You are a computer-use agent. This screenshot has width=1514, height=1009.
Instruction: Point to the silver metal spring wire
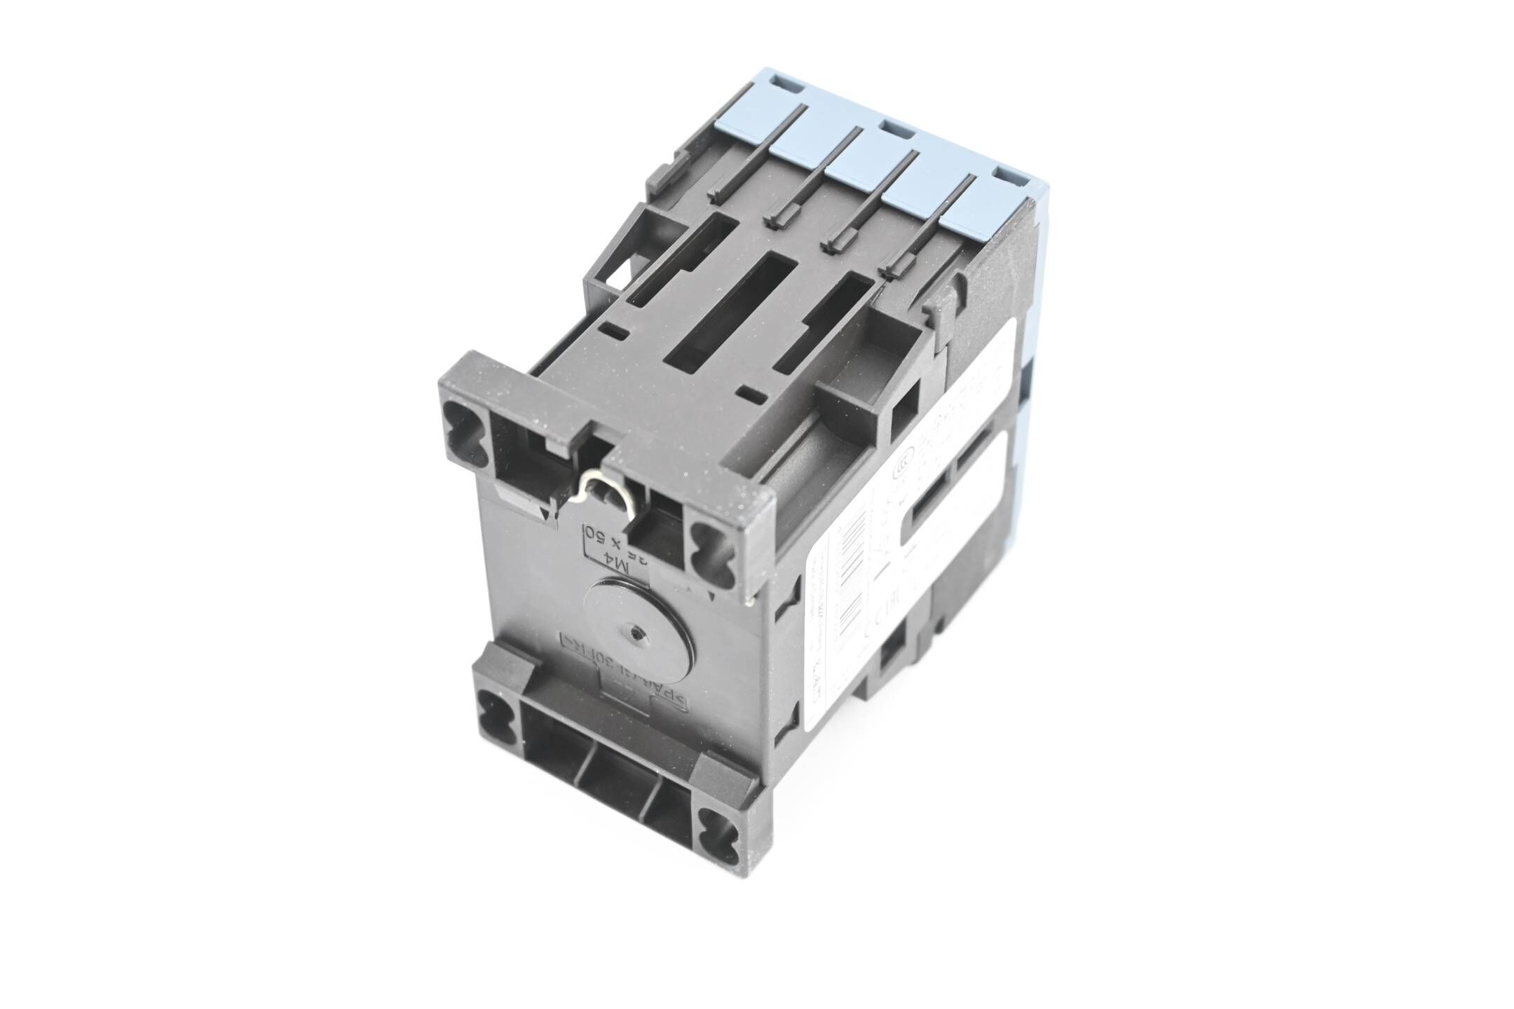coord(594,490)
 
